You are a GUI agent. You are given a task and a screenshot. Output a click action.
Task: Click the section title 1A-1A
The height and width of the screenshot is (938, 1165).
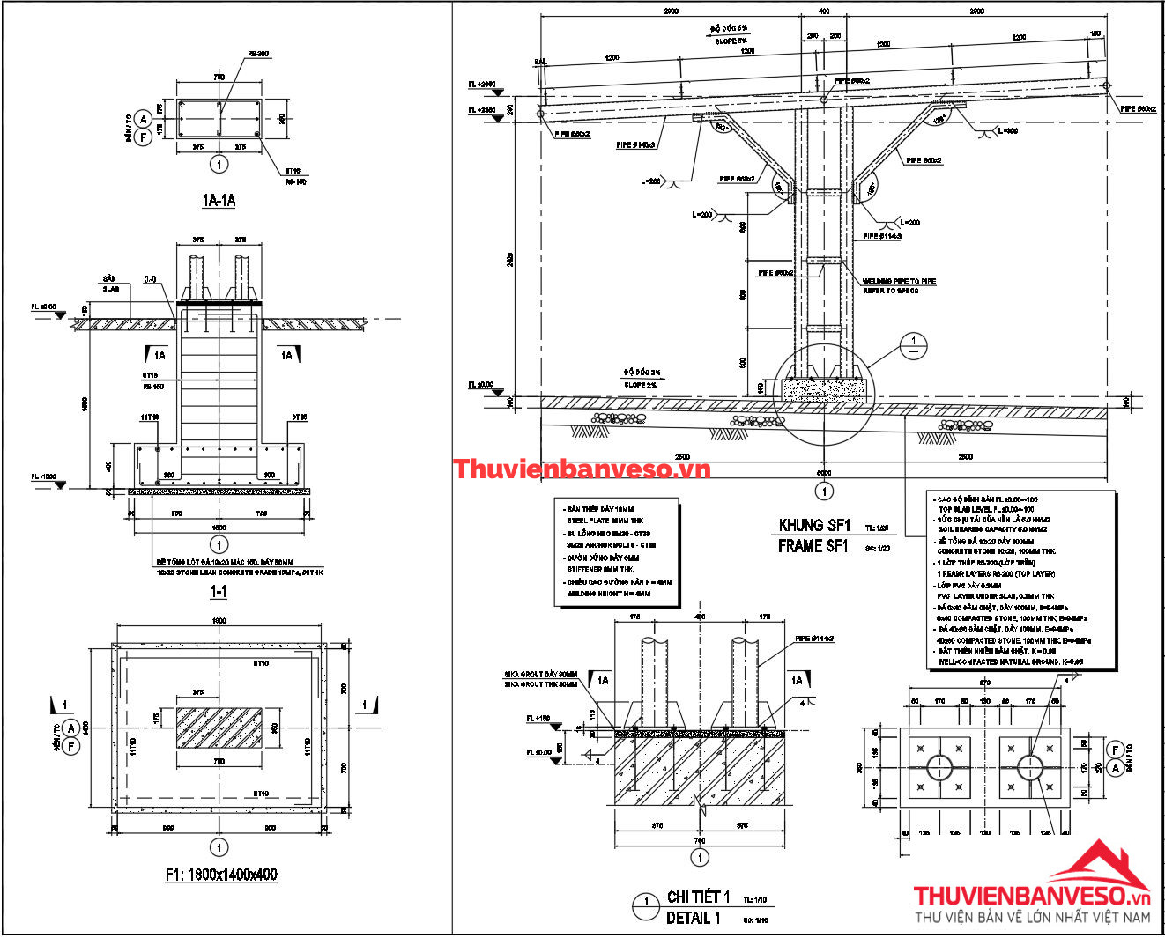click(219, 201)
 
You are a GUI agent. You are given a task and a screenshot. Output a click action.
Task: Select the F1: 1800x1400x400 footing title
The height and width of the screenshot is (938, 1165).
click(221, 875)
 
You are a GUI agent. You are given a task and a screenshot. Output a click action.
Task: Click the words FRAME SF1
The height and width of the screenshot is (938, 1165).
click(813, 546)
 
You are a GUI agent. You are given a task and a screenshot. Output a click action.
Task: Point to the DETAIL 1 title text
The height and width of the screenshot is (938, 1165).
click(693, 918)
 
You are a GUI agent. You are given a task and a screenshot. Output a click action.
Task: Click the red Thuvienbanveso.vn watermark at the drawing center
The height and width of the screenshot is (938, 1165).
click(582, 469)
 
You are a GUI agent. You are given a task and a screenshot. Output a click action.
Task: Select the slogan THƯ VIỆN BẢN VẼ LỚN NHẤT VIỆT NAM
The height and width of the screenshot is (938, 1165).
click(1032, 917)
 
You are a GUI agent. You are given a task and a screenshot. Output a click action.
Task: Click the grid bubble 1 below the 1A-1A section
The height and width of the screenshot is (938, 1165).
click(219, 164)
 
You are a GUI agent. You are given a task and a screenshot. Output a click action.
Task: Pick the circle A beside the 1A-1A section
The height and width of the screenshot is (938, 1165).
click(145, 121)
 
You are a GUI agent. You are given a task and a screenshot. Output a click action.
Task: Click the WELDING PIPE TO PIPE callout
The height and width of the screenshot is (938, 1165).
click(899, 282)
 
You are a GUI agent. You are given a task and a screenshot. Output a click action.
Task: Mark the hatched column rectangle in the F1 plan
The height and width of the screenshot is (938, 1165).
click(219, 728)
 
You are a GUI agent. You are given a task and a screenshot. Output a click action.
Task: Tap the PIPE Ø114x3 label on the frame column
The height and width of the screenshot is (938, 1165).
click(881, 236)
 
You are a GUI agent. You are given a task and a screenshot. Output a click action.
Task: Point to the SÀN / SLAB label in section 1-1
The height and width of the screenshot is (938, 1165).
click(111, 284)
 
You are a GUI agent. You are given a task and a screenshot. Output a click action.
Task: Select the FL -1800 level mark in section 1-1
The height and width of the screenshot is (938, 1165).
click(44, 476)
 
